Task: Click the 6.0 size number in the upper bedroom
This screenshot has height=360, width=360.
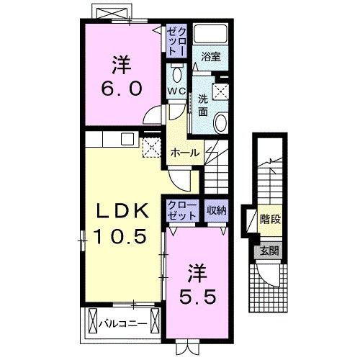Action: pos(122,89)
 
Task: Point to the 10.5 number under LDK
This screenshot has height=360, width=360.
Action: pos(120,236)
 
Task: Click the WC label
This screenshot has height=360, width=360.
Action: pos(176,91)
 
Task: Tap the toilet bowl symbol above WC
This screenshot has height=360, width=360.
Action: pos(177,73)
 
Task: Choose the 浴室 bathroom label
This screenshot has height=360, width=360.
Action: pos(210,58)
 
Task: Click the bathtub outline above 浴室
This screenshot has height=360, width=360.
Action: pos(210,33)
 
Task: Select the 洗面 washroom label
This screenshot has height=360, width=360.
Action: pos(203,106)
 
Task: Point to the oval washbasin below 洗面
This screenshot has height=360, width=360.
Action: pos(220,123)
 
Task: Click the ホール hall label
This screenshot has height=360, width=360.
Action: pos(185,153)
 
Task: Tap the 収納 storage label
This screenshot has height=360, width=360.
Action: pos(217,210)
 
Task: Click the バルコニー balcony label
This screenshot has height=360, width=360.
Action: pos(123,324)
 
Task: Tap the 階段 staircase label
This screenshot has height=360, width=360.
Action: pos(270,219)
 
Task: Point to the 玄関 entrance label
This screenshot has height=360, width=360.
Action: pos(270,251)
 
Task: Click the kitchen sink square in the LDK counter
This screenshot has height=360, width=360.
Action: pos(127,140)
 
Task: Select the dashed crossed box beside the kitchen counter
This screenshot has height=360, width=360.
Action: pos(152,148)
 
